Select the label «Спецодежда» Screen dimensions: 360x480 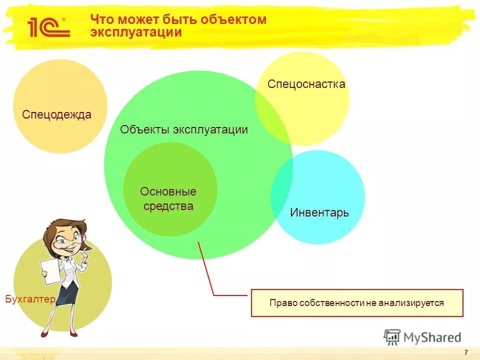(x=56, y=114)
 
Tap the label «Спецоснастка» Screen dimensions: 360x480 (x=306, y=84)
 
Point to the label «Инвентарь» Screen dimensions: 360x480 (x=319, y=212)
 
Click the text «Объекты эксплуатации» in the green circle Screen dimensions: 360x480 (x=184, y=130)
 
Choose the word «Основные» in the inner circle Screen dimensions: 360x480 (x=168, y=191)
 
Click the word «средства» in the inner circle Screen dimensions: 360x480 (x=168, y=206)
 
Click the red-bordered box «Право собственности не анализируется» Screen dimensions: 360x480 (x=356, y=302)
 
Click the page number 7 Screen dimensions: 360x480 (x=466, y=352)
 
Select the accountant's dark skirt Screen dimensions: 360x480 (x=68, y=294)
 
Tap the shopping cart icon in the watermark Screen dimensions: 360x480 (x=392, y=336)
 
